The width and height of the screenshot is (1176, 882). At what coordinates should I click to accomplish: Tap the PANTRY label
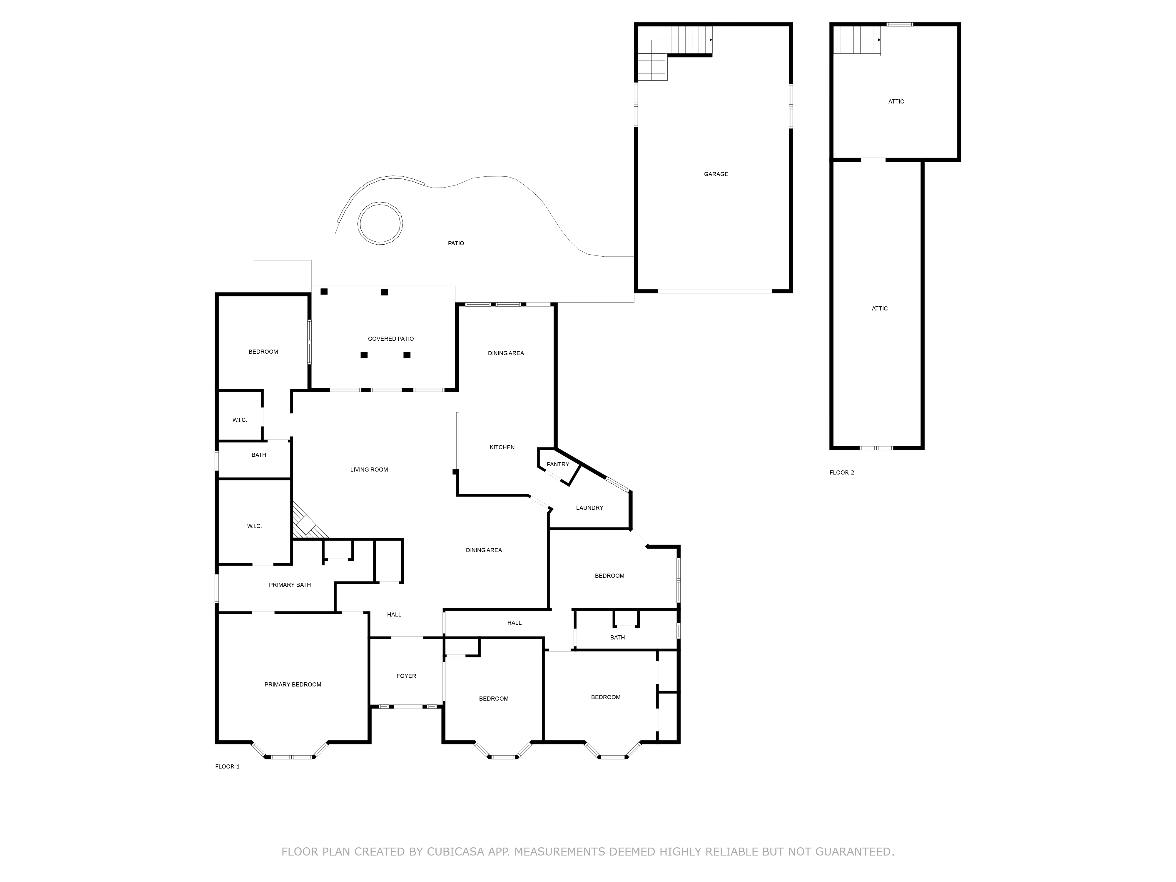point(558,464)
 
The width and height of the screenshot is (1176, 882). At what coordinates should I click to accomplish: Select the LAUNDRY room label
point(589,508)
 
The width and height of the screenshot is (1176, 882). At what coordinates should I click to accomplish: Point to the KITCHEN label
point(502,447)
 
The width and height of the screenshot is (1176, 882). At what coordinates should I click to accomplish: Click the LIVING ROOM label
point(369,470)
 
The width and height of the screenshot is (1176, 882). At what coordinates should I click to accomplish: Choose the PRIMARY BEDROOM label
point(293,684)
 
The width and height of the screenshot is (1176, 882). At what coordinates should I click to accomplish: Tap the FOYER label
point(406,676)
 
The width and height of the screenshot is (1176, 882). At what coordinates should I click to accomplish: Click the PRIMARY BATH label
point(290,585)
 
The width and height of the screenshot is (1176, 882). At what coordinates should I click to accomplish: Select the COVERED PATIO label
point(391,339)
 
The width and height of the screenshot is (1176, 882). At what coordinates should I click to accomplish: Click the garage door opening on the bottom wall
point(714,291)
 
